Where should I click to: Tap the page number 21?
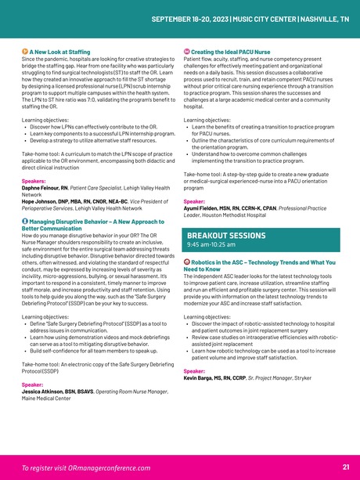tap(345, 467)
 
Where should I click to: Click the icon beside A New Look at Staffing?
tap(25, 52)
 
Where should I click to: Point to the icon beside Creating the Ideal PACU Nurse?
tap(186, 52)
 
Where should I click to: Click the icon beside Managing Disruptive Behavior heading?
tap(25, 223)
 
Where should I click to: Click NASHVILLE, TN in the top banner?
tap(322, 18)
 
